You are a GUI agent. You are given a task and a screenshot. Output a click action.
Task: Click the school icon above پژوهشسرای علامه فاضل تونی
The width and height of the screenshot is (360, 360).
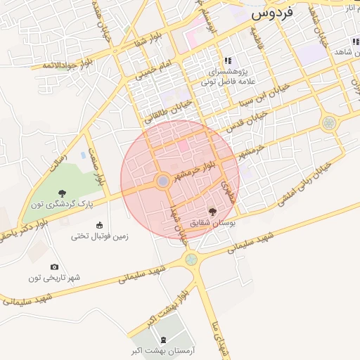tap(227, 60)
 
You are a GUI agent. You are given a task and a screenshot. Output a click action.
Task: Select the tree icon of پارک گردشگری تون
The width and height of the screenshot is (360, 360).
tap(63, 193)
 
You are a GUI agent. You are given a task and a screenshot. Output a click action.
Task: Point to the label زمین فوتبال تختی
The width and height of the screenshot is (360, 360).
tap(99, 237)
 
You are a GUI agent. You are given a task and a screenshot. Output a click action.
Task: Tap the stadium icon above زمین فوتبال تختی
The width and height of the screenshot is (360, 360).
tap(99, 226)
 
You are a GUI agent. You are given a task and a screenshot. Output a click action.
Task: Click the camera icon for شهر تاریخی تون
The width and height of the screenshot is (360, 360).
tap(55, 266)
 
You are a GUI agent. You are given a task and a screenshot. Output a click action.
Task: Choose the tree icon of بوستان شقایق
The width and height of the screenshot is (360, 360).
tap(212, 211)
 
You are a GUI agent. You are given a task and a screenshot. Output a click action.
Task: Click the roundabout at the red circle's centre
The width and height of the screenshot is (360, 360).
tap(162, 181)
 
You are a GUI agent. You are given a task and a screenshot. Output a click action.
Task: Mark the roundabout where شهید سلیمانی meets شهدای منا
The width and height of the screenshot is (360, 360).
tap(191, 259)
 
